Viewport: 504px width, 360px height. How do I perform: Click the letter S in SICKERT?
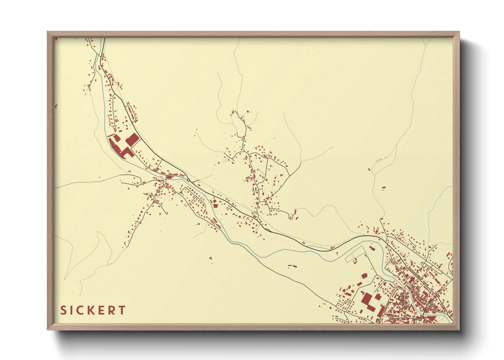[64, 310]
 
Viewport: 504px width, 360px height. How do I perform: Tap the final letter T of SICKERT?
[122, 310]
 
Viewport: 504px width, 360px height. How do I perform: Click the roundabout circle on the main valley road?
[188, 180]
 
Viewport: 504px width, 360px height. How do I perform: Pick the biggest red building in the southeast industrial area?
[367, 300]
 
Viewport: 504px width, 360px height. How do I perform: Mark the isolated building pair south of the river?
[293, 265]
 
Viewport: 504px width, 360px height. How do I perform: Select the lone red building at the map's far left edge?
[56, 107]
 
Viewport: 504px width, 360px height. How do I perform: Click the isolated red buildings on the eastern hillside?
[384, 187]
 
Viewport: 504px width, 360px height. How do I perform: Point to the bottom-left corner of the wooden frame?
[48, 329]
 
